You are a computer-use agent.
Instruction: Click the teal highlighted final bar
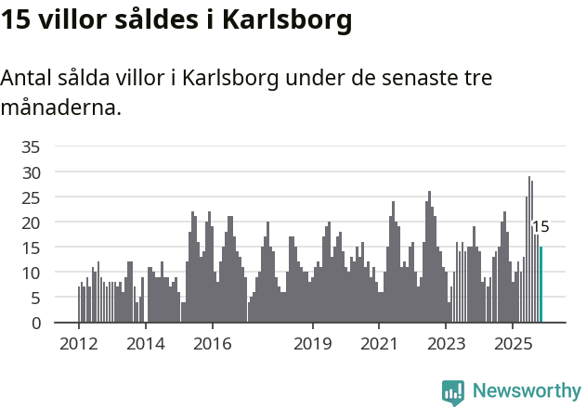pos(540,285)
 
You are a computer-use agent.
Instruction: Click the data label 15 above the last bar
pos(540,227)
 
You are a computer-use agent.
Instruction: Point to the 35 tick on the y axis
pos(31,146)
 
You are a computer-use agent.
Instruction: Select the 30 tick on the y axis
pos(31,172)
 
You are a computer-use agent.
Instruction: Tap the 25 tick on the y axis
pos(31,197)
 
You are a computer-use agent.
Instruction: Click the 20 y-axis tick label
pos(31,223)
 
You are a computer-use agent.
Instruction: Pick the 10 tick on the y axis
pos(31,273)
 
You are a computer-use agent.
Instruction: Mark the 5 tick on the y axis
pos(35,299)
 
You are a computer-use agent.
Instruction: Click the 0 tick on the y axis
pos(35,324)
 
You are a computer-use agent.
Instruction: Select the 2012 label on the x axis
pos(78,344)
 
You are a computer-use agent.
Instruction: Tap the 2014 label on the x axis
pos(145,344)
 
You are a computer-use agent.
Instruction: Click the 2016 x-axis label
pos(212,344)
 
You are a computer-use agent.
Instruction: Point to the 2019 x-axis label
pos(312,344)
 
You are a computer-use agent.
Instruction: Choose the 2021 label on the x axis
pos(379,344)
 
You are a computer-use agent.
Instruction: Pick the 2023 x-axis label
pos(446,344)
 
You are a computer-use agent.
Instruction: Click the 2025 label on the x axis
pos(513,344)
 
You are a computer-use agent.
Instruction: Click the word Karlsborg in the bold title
pos(287,21)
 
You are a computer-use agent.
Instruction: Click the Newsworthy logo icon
pos(453,392)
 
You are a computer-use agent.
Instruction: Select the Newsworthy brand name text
pos(527,391)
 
